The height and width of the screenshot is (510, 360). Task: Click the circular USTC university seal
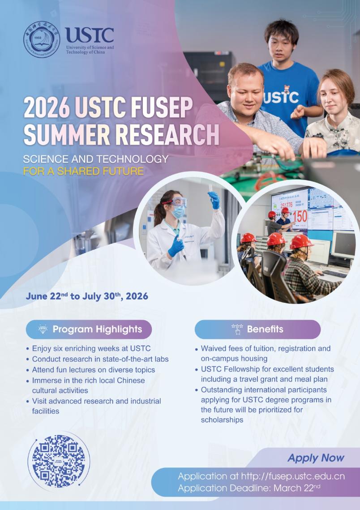tap(42, 39)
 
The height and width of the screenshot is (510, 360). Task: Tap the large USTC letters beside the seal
tap(89, 35)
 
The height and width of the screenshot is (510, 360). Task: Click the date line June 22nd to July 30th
tap(87, 296)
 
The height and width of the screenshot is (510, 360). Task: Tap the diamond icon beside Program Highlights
tap(43, 330)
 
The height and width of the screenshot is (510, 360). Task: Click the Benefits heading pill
tap(257, 330)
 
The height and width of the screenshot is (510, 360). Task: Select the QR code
tap(59, 461)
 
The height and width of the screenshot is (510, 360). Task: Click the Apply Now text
tap(316, 458)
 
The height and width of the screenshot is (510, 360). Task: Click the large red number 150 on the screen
tap(300, 216)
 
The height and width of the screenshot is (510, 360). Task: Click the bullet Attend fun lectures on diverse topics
tap(93, 370)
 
